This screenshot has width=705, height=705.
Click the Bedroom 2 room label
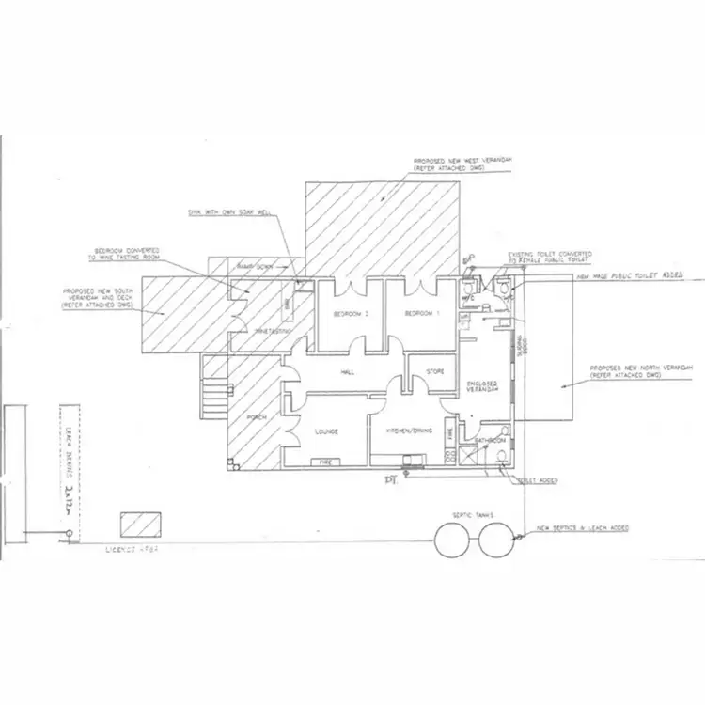pyautogui.click(x=348, y=314)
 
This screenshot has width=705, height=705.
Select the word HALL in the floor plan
pyautogui.click(x=348, y=373)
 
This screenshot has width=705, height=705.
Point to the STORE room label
pyautogui.click(x=435, y=372)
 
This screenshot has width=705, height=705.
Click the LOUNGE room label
pyautogui.click(x=325, y=431)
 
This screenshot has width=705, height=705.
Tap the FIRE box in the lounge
pyautogui.click(x=324, y=462)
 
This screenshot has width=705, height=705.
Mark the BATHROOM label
pyautogui.click(x=491, y=440)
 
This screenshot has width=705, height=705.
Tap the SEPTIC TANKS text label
pyautogui.click(x=478, y=514)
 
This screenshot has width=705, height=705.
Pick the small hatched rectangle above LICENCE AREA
pyautogui.click(x=139, y=524)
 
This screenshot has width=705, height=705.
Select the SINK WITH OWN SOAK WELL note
pyautogui.click(x=229, y=212)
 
